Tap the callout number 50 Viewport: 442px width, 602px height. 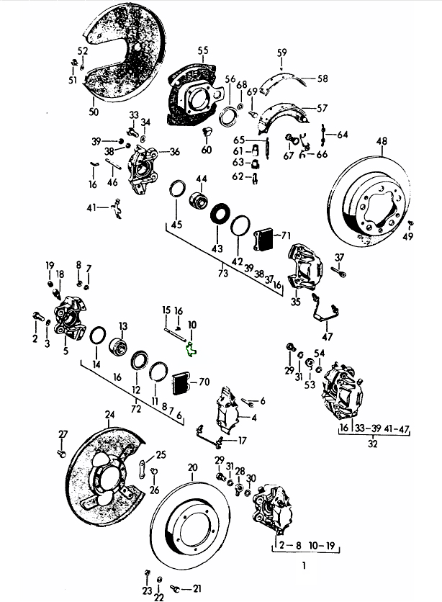pyautogui.click(x=93, y=112)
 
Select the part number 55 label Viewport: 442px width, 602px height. pyautogui.click(x=204, y=50)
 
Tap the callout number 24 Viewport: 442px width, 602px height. pyautogui.click(x=109, y=414)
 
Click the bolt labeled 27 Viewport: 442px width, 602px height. pyautogui.click(x=61, y=454)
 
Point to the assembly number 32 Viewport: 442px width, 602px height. pyautogui.click(x=372, y=444)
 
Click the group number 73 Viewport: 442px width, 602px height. pyautogui.click(x=222, y=274)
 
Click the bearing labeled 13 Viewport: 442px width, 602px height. pyautogui.click(x=120, y=347)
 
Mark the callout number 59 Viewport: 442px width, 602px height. pyautogui.click(x=281, y=52)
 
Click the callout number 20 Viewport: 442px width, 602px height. pyautogui.click(x=192, y=467)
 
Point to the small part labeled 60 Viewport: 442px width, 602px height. pyautogui.click(x=207, y=133)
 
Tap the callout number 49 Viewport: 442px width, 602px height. pyautogui.click(x=408, y=237)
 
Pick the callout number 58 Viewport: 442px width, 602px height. pyautogui.click(x=322, y=78)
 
